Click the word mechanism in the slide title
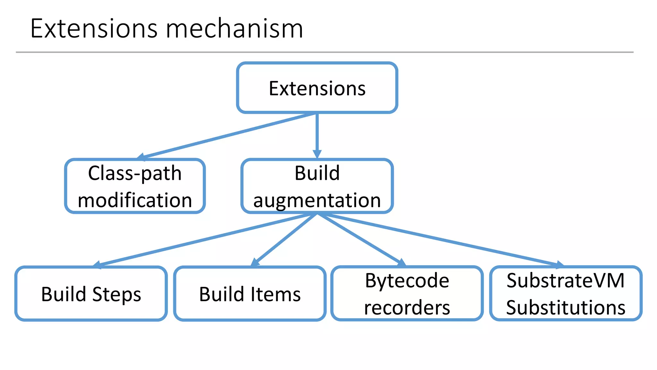(234, 29)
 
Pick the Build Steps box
(91, 294)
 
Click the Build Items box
(250, 294)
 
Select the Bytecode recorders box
(407, 294)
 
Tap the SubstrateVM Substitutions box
(566, 294)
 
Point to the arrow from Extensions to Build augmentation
(317, 135)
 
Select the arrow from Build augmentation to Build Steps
(205, 239)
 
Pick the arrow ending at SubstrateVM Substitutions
(439, 239)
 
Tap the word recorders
(407, 308)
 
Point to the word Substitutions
(566, 308)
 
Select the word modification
(135, 200)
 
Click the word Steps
(117, 295)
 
